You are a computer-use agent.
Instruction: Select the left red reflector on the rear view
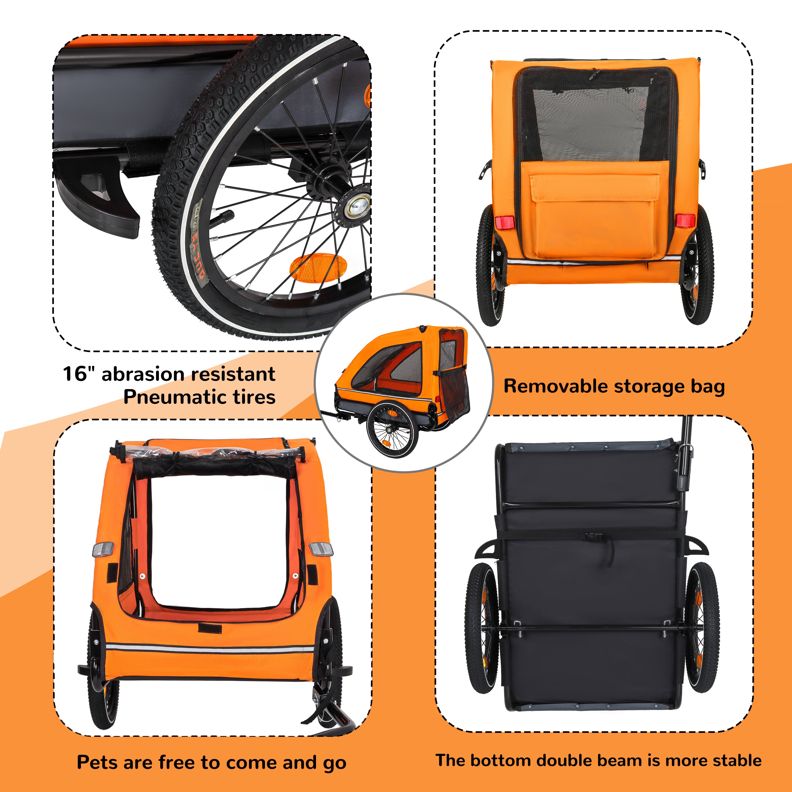tap(505, 222)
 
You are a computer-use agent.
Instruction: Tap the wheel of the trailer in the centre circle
tap(393, 430)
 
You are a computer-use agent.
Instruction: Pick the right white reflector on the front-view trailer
tap(321, 549)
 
